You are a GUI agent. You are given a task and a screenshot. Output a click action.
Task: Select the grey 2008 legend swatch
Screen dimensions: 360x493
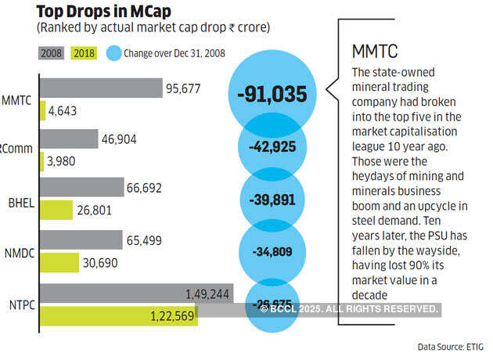[49, 53]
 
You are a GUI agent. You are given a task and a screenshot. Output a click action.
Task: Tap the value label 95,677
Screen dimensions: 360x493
[185, 88]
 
